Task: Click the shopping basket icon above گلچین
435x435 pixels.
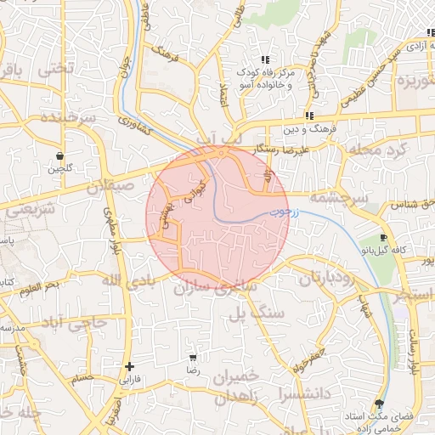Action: [59, 155]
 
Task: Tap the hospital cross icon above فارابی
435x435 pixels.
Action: [129, 367]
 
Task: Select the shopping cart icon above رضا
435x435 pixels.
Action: [193, 358]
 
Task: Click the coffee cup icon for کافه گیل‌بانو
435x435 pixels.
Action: [384, 237]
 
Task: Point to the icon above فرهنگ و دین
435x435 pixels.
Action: [309, 116]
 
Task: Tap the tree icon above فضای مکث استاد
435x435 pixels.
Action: [378, 404]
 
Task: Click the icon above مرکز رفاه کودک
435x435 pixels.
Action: [265, 59]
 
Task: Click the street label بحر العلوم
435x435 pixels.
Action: [40, 285]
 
